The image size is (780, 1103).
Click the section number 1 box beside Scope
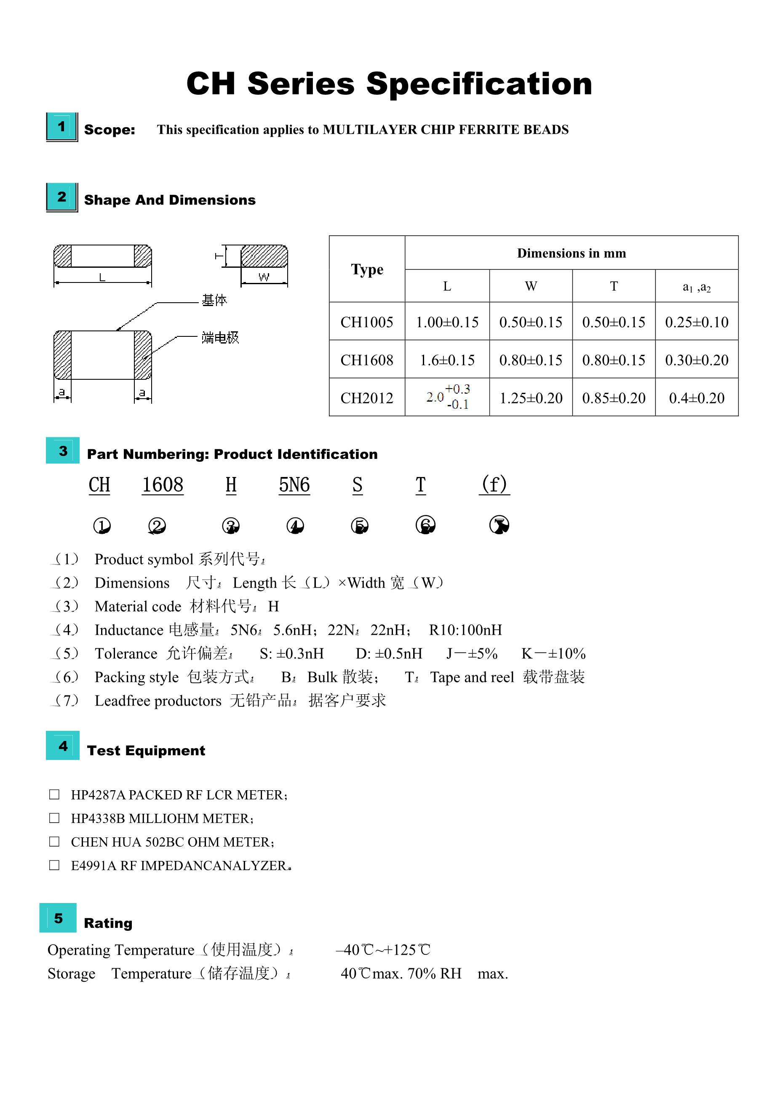point(61,127)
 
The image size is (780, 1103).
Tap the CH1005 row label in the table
point(367,322)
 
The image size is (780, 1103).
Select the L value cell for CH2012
point(447,397)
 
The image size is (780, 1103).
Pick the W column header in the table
point(531,286)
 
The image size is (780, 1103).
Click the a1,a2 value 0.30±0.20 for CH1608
point(696,360)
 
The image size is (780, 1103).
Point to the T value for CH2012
point(614,398)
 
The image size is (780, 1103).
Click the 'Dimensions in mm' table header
point(572,253)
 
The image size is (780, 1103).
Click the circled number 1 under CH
point(102,525)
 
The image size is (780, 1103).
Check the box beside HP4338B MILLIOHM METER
point(54,818)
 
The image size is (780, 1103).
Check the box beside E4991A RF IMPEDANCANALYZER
point(54,865)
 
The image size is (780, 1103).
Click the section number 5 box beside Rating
point(58,918)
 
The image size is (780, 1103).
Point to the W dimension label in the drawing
point(264,277)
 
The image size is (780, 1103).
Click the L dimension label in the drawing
point(102,277)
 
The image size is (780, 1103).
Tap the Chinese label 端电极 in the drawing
point(220,338)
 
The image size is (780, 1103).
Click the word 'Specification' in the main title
point(479,84)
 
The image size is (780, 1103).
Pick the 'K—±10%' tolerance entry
point(553,653)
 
